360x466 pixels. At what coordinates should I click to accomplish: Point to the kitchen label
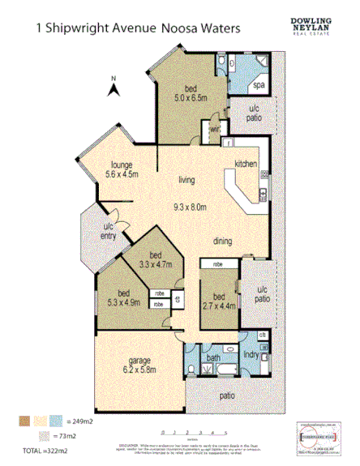pos(246,165)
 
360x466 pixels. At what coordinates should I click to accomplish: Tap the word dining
pos(224,242)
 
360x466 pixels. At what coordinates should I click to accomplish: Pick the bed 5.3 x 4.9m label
pos(123,297)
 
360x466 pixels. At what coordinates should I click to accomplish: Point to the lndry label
pos(251,355)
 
